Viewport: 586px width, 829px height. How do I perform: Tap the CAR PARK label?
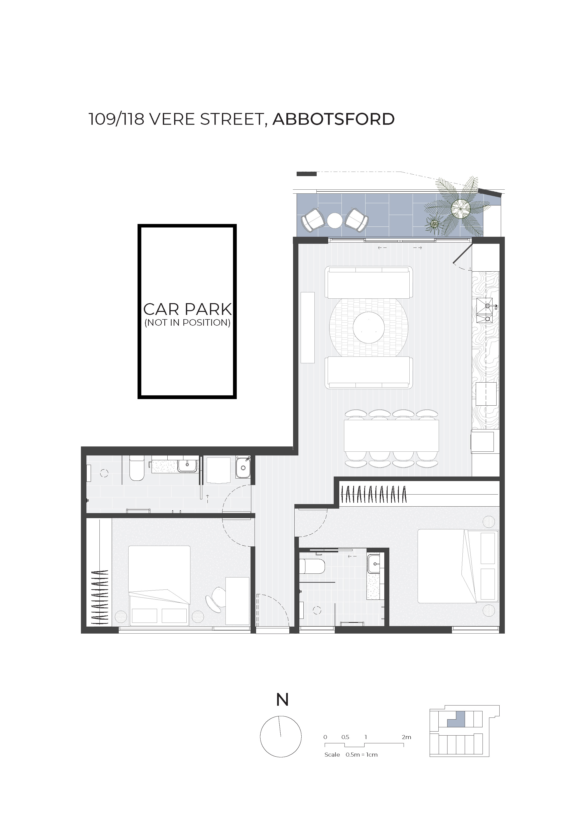point(187,309)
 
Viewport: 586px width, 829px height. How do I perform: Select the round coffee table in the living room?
point(369,327)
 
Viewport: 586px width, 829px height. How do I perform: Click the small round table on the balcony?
point(335,220)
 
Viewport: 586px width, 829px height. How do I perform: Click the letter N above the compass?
point(282,700)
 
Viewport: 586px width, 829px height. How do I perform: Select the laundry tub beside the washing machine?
point(243,467)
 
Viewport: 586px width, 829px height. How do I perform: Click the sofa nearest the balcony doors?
point(369,282)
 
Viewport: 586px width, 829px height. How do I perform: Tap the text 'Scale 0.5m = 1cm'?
point(351,755)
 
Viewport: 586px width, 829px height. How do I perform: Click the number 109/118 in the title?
point(116,119)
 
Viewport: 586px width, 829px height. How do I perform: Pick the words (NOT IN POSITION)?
point(187,323)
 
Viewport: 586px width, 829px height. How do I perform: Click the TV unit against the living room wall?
point(308,327)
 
